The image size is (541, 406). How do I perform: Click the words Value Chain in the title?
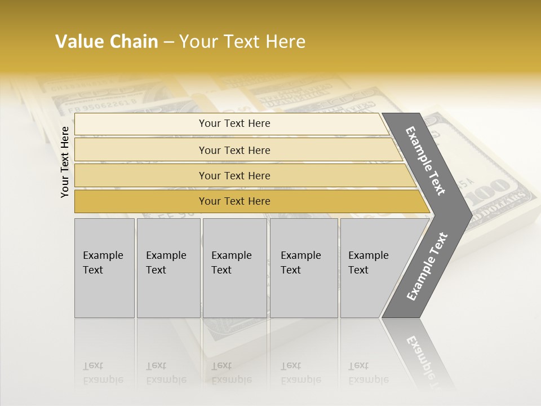[107, 42]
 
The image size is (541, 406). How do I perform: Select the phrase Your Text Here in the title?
[242, 42]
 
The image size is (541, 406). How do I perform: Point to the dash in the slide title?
[168, 42]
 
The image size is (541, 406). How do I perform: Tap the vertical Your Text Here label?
[65, 162]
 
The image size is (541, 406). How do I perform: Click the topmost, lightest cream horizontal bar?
[234, 123]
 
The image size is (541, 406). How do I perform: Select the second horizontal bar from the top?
[234, 150]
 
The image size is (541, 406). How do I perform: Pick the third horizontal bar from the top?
[234, 175]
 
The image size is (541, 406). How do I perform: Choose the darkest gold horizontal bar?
[234, 201]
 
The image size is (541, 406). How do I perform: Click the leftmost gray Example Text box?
[104, 268]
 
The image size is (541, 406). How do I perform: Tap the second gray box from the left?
[168, 268]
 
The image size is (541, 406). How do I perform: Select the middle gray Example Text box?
[234, 268]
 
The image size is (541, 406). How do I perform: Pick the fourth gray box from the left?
[303, 268]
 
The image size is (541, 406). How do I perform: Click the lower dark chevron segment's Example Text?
[427, 267]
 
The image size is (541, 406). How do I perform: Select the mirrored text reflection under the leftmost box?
[103, 373]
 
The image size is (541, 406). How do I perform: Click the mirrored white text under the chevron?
[420, 353]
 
